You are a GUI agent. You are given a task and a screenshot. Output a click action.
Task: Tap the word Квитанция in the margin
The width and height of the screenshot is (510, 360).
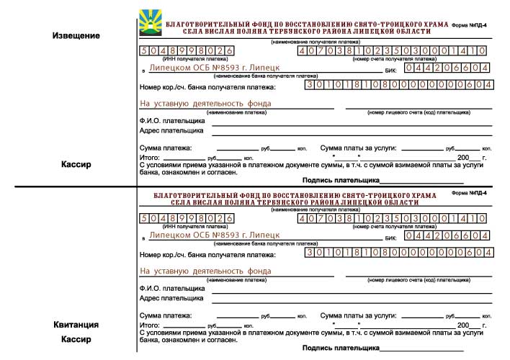[77, 325]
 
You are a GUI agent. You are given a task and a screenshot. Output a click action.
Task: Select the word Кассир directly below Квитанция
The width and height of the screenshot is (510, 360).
[77, 339]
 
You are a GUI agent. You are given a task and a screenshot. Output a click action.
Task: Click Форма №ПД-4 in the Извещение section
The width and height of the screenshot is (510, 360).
[471, 24]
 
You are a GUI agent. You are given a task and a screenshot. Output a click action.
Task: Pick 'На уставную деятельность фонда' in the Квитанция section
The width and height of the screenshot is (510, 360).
[205, 271]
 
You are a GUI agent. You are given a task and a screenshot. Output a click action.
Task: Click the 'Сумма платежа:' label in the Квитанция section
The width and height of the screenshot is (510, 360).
[166, 315]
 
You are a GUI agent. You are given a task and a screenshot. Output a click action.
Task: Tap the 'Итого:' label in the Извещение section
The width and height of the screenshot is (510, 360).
[148, 156]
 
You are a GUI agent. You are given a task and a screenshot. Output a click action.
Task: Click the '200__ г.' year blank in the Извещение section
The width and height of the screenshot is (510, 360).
[473, 156]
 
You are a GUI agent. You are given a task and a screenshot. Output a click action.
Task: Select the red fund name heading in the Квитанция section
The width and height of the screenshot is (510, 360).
[295, 199]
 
